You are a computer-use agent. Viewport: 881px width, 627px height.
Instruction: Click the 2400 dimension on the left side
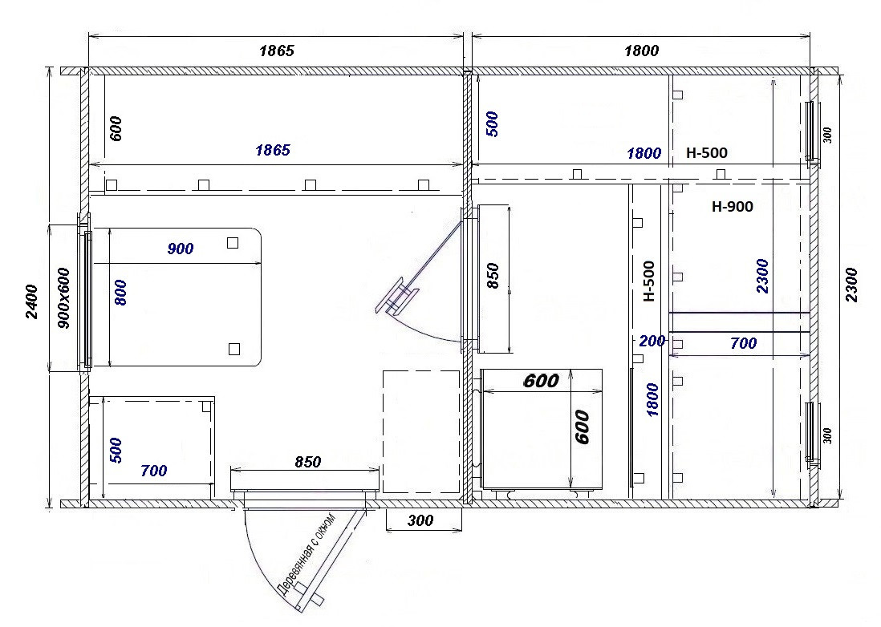(31, 302)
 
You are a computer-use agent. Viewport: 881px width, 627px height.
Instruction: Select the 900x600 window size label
(63, 298)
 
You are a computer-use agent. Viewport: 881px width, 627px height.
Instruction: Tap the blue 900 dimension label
(181, 249)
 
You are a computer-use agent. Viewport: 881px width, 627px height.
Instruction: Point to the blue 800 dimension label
(120, 293)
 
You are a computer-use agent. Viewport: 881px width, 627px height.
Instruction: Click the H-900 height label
(732, 207)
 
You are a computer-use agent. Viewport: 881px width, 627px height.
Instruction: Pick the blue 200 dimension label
(652, 341)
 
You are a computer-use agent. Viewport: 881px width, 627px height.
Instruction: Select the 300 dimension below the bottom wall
(420, 521)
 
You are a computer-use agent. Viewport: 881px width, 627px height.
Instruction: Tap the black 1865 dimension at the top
(277, 51)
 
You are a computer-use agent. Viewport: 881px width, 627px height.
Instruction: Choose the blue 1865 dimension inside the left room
(273, 150)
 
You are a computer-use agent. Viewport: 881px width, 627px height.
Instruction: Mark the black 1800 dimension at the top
(641, 51)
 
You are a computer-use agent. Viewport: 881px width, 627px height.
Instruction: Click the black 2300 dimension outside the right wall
(852, 285)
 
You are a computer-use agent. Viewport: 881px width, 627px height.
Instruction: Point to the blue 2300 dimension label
(762, 276)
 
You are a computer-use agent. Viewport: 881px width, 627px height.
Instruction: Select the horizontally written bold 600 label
(541, 381)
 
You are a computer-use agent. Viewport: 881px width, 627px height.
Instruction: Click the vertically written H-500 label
(648, 281)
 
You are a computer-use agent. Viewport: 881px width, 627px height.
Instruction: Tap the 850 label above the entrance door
(308, 461)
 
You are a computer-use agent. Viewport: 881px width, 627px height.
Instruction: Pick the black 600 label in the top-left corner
(116, 128)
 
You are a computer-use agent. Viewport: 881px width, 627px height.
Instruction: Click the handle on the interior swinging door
(398, 295)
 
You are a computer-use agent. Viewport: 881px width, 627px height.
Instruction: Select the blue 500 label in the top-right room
(492, 124)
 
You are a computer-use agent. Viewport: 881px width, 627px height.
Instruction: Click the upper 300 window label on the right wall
(827, 136)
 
